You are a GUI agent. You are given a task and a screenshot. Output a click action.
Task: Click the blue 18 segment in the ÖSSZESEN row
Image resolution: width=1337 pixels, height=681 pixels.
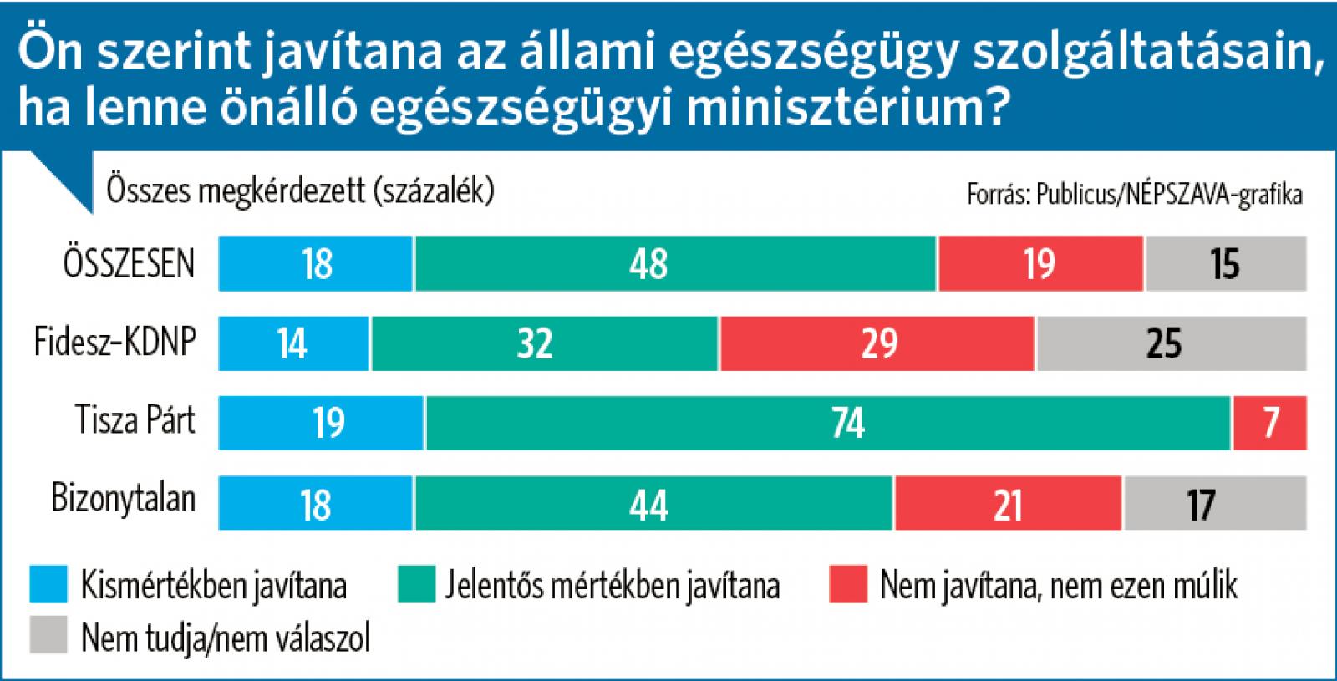tap(316, 264)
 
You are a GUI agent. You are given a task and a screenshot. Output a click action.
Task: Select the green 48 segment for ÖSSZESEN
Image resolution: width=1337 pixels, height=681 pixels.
tap(675, 264)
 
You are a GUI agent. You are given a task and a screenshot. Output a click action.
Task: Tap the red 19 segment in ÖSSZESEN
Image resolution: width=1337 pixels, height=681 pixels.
tap(1040, 264)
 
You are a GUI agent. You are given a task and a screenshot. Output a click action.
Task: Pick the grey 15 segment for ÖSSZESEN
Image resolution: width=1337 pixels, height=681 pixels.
tap(1225, 264)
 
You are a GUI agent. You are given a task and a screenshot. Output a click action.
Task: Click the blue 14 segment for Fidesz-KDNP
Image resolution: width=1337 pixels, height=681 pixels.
tap(293, 343)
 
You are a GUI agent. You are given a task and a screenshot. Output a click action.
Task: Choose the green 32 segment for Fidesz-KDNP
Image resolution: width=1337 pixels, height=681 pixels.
tap(545, 343)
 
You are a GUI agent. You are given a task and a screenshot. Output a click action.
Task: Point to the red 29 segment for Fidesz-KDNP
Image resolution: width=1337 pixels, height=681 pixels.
tap(877, 343)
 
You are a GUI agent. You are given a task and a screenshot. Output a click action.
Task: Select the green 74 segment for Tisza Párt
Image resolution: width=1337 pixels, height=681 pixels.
tap(828, 424)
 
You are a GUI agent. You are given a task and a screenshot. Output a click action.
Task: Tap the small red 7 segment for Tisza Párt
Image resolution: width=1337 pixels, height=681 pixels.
tap(1270, 424)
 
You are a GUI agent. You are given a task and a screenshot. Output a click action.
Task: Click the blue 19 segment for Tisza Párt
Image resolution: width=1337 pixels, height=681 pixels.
tap(322, 424)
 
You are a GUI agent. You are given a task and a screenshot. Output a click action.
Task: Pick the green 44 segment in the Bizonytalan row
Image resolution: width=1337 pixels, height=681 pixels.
tap(654, 504)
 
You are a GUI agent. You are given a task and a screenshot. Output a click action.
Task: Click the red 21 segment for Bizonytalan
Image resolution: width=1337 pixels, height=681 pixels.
tap(1009, 504)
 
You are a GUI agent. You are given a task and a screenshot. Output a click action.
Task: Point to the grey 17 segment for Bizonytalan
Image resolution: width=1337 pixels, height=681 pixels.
tap(1215, 504)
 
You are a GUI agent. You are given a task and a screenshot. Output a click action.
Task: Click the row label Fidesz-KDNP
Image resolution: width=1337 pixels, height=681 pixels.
tap(115, 342)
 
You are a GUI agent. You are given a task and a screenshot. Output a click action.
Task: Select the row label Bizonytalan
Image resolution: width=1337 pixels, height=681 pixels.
tap(124, 499)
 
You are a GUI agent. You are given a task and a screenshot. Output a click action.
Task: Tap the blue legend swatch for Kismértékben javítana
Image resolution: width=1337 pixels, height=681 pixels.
tap(48, 585)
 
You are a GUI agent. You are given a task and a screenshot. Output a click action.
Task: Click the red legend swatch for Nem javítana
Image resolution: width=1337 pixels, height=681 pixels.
tap(848, 585)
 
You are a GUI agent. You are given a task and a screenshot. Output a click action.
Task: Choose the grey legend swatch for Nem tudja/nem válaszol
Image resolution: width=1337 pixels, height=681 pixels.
tap(48, 637)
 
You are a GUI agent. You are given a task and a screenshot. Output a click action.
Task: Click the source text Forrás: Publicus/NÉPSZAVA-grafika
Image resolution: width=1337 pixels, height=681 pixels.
tap(1134, 195)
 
